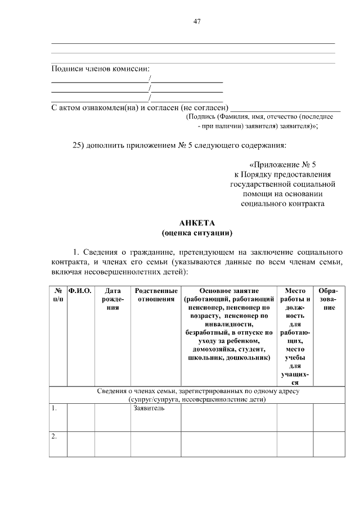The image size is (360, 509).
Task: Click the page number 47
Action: (x=196, y=21)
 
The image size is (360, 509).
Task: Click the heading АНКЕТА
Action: (x=196, y=223)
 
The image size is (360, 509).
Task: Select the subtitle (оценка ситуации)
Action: (x=196, y=232)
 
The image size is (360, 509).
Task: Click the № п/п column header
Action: (x=58, y=295)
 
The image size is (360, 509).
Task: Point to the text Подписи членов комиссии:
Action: (x=101, y=69)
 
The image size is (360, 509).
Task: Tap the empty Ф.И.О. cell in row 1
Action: (x=80, y=417)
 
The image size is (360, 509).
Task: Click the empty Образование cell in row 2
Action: (x=328, y=444)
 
